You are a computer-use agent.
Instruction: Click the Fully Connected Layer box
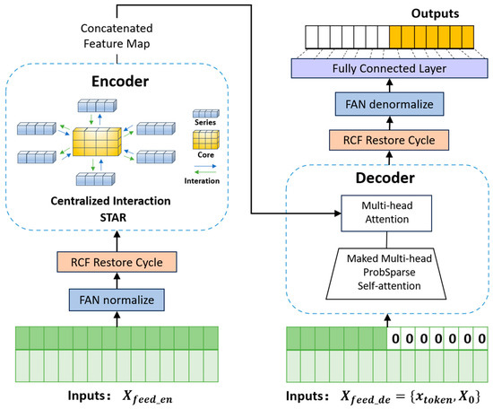coord(389,68)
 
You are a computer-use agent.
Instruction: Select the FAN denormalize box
coord(389,104)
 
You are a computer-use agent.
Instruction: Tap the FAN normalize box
coord(117,300)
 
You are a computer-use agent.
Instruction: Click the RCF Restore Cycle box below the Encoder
coord(117,262)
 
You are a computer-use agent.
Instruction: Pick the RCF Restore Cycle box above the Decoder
coord(389,140)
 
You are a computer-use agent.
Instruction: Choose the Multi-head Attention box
coord(386,213)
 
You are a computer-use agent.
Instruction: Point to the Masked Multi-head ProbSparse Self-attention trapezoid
coord(386,274)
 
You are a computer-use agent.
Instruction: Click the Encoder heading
coord(120,82)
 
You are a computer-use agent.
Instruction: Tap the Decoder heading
coord(385,178)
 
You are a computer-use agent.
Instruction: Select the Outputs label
coord(435,13)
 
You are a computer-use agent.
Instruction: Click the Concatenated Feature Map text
coord(117,36)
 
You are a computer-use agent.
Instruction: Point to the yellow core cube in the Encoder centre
coord(97,142)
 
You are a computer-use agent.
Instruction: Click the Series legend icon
coord(206,113)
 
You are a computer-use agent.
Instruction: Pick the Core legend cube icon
coord(206,140)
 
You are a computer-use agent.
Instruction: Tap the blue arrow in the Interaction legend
coord(205,166)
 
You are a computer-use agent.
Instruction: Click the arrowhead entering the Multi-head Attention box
coord(338,213)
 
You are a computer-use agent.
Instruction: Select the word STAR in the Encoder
coord(113,217)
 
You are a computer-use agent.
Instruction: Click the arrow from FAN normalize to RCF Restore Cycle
coord(117,281)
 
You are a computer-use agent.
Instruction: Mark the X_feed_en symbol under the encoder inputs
coord(147,396)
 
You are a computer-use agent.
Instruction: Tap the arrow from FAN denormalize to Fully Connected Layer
coord(390,85)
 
